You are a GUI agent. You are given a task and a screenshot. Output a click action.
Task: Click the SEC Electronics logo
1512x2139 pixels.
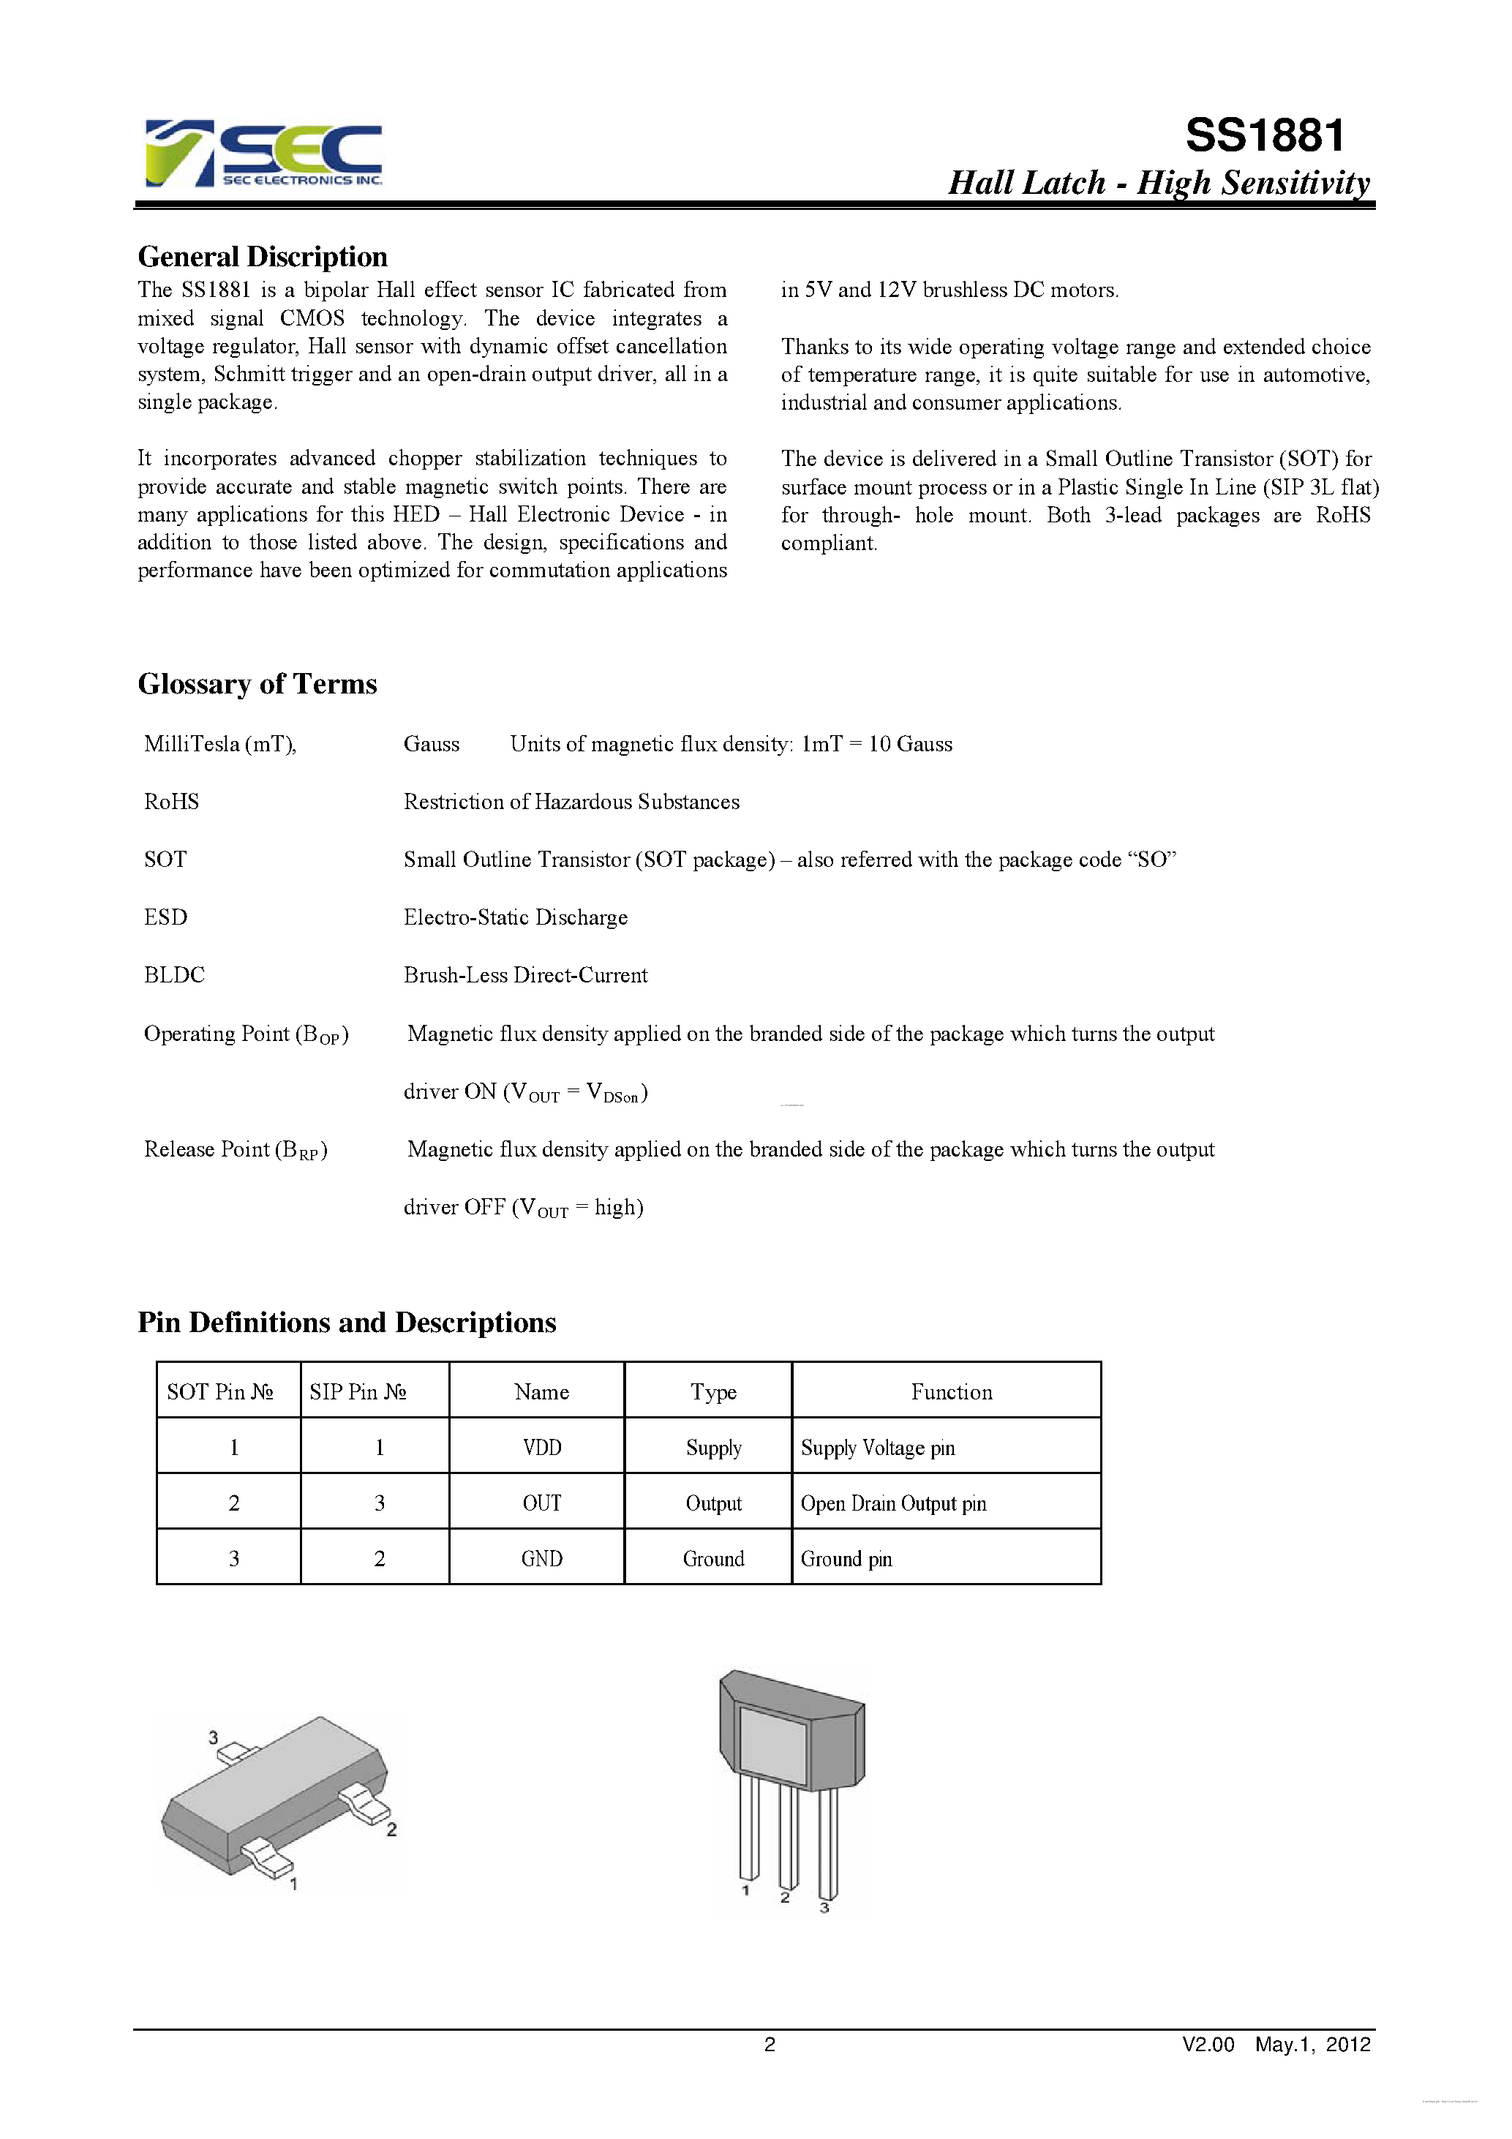(x=263, y=154)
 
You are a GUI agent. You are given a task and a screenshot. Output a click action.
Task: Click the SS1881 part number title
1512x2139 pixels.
(x=1264, y=136)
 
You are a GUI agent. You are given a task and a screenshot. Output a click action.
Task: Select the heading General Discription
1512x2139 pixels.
(x=263, y=257)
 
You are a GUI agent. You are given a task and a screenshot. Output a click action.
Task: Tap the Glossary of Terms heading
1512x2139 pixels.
(x=257, y=684)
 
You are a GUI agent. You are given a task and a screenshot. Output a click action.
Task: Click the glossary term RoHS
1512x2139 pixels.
(x=171, y=802)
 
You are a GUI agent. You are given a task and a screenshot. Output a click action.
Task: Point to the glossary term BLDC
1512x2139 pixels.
(x=174, y=975)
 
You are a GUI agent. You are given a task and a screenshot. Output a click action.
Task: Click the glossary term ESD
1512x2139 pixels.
(x=166, y=917)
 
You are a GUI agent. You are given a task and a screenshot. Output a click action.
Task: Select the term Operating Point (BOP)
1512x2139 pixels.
(x=246, y=1035)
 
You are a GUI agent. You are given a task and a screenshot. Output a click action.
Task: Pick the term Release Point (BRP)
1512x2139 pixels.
(x=236, y=1151)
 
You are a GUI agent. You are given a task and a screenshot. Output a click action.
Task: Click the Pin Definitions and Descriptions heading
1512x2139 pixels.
(x=347, y=1323)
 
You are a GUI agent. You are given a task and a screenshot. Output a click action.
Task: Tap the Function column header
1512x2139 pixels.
(x=951, y=1392)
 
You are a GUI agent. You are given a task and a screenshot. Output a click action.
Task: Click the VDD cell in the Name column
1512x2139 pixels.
(x=541, y=1448)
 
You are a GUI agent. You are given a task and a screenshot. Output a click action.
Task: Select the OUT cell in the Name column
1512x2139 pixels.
(x=541, y=1503)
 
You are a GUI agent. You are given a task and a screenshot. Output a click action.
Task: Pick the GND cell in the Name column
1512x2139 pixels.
(x=541, y=1560)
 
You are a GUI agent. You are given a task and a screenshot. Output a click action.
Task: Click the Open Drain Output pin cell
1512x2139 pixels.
(x=893, y=1503)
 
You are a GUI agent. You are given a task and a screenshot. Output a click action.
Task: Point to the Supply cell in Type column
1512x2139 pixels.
(x=714, y=1448)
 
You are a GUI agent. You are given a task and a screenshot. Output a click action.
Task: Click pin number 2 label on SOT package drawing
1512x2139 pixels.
(x=391, y=1830)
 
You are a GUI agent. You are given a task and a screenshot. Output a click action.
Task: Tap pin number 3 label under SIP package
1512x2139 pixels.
(x=824, y=1909)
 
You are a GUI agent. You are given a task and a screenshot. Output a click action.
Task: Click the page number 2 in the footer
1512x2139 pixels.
(x=770, y=2044)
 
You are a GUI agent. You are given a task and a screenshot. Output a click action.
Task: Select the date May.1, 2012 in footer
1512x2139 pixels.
(x=1312, y=2044)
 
